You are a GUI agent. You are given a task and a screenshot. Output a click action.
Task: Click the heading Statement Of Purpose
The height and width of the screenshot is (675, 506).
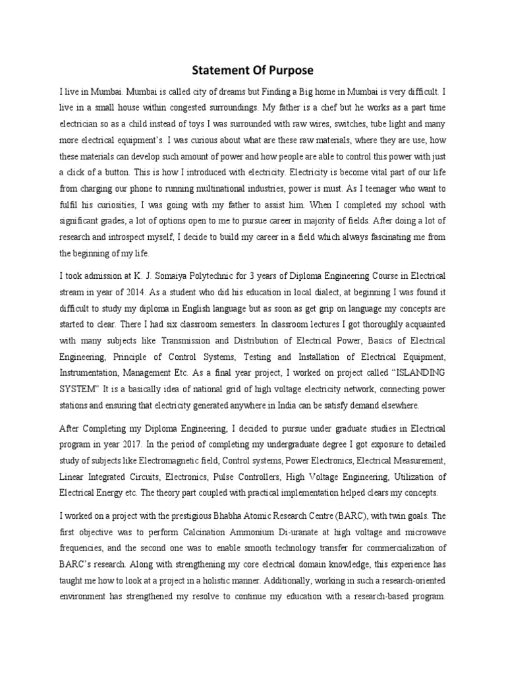253,71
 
